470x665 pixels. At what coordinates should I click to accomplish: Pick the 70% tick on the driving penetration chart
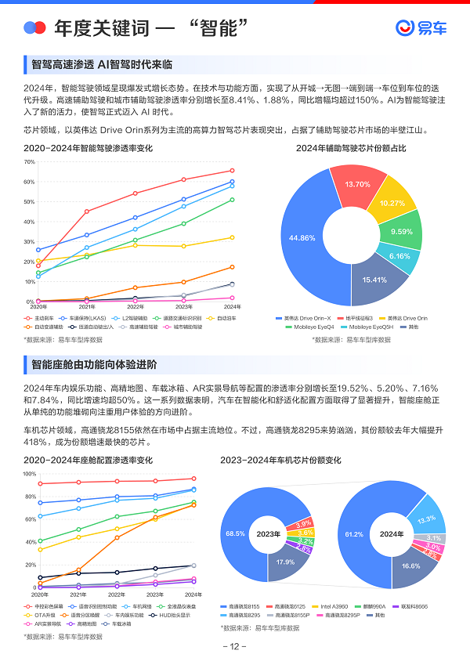(30, 162)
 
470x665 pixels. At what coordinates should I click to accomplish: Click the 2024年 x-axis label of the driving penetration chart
(232, 307)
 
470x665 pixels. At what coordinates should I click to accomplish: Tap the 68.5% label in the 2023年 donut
(235, 533)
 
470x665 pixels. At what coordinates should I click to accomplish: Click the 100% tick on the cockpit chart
(28, 474)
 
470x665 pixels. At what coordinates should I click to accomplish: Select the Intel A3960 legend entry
(335, 606)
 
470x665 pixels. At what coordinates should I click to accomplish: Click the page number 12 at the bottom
(235, 647)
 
